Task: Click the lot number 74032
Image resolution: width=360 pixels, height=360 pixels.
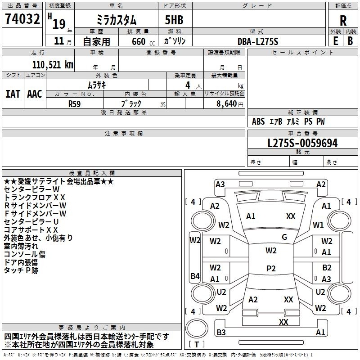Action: pyautogui.click(x=22, y=18)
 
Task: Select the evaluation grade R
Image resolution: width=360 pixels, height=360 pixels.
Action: pyautogui.click(x=343, y=21)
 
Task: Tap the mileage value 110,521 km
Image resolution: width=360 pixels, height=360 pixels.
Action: pyautogui.click(x=53, y=65)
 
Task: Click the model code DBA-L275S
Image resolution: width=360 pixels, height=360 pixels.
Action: pyautogui.click(x=258, y=41)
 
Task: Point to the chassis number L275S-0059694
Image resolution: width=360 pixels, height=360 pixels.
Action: pyautogui.click(x=302, y=143)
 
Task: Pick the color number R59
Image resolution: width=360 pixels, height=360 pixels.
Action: pyautogui.click(x=74, y=104)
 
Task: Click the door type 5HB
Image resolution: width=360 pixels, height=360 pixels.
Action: pyautogui.click(x=174, y=20)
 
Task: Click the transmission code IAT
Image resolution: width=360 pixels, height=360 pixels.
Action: pyautogui.click(x=13, y=94)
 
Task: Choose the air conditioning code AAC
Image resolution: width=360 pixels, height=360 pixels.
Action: pyautogui.click(x=35, y=94)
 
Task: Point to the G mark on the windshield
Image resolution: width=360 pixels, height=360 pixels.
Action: pyautogui.click(x=284, y=237)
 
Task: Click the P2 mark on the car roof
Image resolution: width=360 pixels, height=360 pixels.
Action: pyautogui.click(x=271, y=268)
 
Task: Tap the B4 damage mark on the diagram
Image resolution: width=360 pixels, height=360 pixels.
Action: pyautogui.click(x=195, y=276)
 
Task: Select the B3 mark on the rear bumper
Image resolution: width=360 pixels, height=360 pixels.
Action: pyautogui.click(x=221, y=332)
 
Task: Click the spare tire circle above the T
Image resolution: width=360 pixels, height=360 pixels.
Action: pyautogui.click(x=197, y=328)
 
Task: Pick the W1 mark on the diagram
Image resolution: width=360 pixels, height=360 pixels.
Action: pyautogui.click(x=318, y=225)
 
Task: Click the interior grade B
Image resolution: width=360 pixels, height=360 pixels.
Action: pyautogui.click(x=350, y=41)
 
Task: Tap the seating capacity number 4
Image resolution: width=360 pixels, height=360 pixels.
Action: pyautogui.click(x=188, y=85)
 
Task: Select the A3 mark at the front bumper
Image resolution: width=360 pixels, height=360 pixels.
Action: pyautogui.click(x=220, y=184)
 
